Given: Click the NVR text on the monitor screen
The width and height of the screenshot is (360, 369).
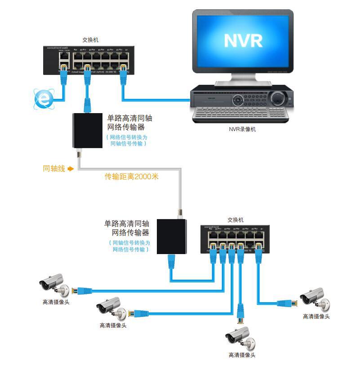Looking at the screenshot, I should (243, 40).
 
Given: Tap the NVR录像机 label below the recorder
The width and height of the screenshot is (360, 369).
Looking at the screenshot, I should (242, 130).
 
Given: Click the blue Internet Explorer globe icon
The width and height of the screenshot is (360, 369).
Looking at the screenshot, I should (44, 98).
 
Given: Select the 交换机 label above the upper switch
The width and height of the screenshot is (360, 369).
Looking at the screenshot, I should (91, 40).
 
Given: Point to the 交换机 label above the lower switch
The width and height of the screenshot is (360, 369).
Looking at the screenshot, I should (235, 220).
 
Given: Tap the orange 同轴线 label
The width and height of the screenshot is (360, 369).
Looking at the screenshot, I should (54, 169).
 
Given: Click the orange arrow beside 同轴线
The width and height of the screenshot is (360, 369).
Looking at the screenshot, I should (71, 169).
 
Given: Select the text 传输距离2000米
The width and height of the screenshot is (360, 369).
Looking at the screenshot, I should (132, 177).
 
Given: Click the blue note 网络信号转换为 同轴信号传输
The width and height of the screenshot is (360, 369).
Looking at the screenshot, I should (128, 141).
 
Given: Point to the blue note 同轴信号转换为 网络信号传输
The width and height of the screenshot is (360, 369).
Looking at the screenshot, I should (130, 246).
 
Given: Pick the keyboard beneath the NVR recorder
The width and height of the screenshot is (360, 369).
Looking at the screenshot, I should (240, 115).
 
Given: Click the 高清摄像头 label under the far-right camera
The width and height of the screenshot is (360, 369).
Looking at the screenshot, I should (316, 317).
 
